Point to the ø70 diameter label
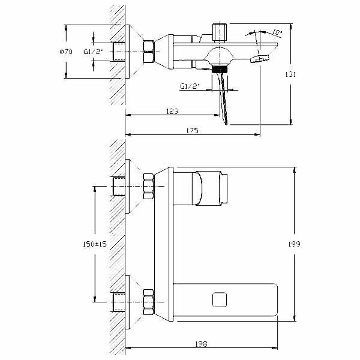[66, 52]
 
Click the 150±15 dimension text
[94, 244]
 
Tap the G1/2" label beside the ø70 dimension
[93, 52]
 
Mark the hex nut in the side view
[149, 52]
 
